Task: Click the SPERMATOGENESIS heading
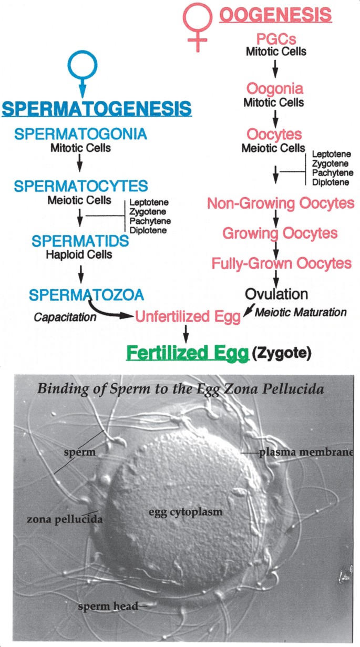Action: click(x=97, y=109)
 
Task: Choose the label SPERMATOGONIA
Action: click(x=80, y=134)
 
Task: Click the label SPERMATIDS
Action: click(x=80, y=241)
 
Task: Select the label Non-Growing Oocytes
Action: click(x=281, y=203)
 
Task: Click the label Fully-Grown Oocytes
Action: click(x=281, y=263)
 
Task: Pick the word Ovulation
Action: click(x=275, y=293)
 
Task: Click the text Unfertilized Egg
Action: click(x=188, y=316)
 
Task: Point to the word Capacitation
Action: click(x=65, y=317)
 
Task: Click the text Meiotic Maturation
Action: click(x=301, y=312)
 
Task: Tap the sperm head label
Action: click(x=107, y=607)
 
